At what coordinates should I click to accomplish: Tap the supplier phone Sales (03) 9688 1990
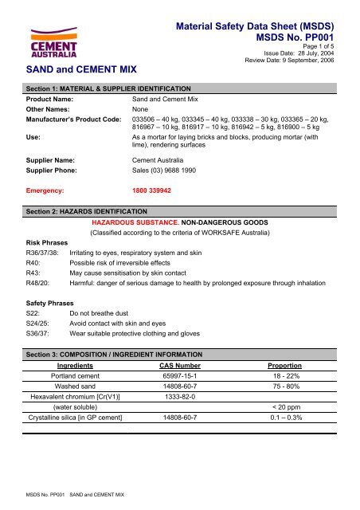click(x=171, y=169)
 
